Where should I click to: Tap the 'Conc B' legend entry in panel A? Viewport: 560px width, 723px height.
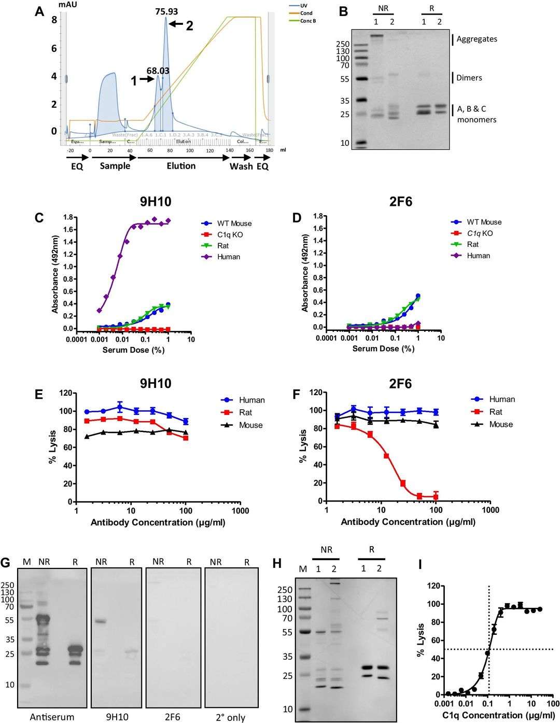(307, 21)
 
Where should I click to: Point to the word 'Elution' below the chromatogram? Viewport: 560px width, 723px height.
(181, 166)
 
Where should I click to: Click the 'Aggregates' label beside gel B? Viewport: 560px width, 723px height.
(477, 39)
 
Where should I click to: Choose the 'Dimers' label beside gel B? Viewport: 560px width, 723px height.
(469, 78)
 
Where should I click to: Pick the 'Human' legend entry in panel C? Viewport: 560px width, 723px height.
(229, 257)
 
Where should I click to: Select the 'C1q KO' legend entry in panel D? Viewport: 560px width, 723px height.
(480, 233)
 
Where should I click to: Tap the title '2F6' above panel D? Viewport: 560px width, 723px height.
(401, 202)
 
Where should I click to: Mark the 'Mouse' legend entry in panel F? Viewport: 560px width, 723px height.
(501, 424)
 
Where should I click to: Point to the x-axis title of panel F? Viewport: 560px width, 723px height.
(408, 522)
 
